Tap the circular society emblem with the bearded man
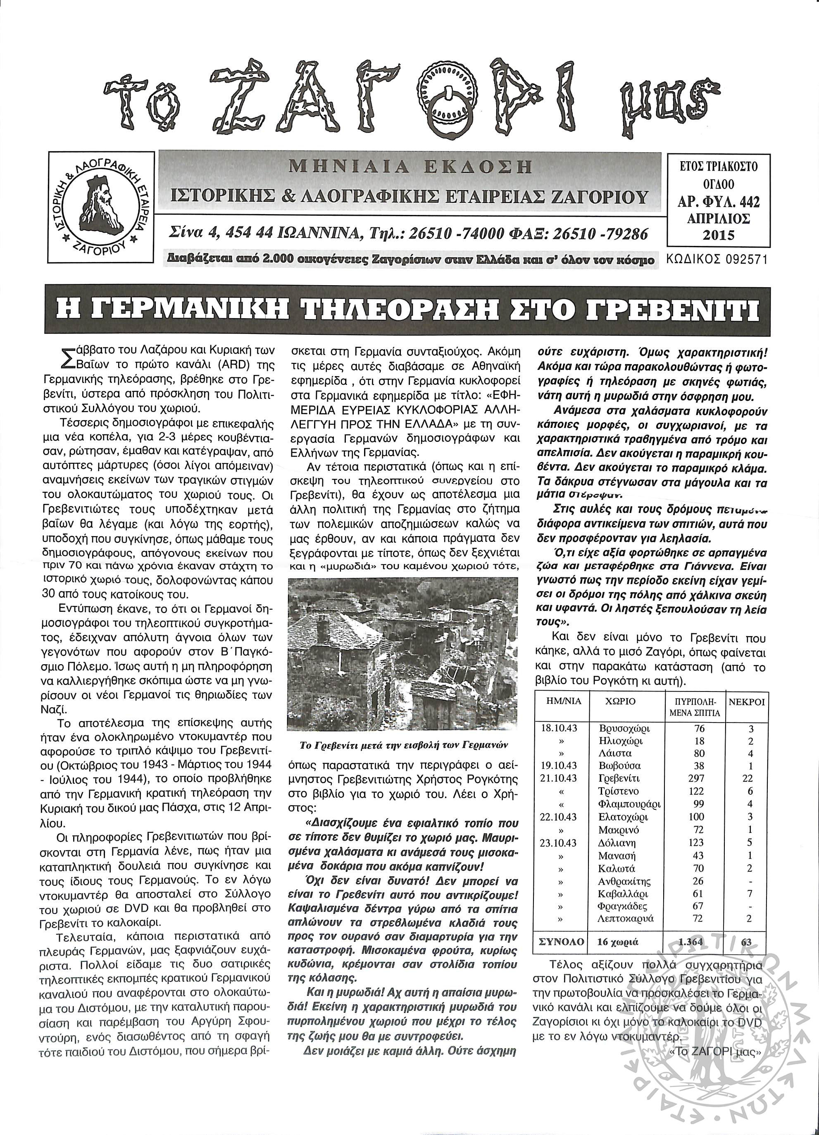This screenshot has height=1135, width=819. click(102, 206)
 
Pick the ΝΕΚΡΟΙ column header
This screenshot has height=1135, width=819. click(746, 701)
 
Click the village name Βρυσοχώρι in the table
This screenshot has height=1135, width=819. click(620, 728)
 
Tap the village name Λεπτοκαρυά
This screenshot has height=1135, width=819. click(625, 918)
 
